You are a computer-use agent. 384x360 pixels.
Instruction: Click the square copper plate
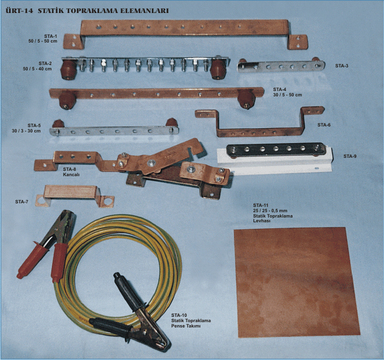tap(297, 282)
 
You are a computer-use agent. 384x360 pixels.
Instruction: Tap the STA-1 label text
tap(51, 36)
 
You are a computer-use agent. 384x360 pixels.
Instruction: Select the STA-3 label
tap(341, 66)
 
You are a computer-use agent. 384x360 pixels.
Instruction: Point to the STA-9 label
tap(350, 156)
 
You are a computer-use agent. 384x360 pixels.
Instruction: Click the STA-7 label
tap(21, 202)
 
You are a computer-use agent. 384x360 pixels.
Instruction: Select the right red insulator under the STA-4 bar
tap(246, 99)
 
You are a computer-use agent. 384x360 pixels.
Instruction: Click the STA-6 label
tap(324, 125)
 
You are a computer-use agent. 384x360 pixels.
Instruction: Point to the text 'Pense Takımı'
tap(186, 326)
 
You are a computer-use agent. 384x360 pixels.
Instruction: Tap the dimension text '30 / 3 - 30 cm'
tap(26, 131)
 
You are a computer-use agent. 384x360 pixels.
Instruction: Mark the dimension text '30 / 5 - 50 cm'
tap(288, 95)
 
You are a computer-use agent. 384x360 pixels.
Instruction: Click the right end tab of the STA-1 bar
tap(298, 42)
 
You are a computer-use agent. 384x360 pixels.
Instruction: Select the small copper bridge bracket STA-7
tap(74, 196)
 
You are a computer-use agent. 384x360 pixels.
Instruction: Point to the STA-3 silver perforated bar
tap(281, 66)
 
